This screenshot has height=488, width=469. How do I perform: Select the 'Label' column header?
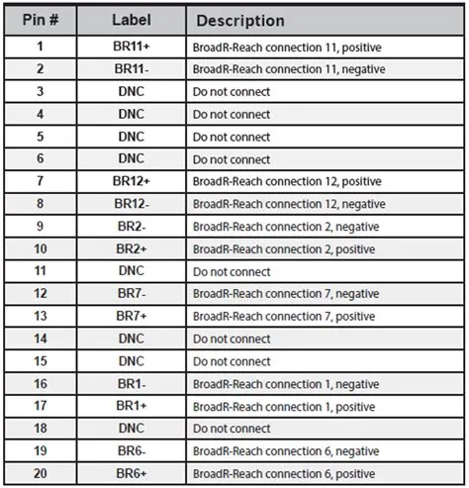pyautogui.click(x=131, y=20)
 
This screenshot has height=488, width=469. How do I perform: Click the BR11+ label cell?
pyautogui.click(x=131, y=47)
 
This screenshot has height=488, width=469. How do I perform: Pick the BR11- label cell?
pyautogui.click(x=131, y=69)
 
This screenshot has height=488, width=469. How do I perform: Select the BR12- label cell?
pyautogui.click(x=131, y=204)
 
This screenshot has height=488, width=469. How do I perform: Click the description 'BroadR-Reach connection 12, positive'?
pyautogui.click(x=287, y=181)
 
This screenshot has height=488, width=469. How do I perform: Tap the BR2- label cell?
pyautogui.click(x=131, y=227)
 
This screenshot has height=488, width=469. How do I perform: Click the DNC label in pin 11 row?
pyautogui.click(x=131, y=271)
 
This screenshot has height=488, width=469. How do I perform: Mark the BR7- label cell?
pyautogui.click(x=131, y=294)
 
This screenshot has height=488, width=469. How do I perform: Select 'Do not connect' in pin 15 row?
pyautogui.click(x=232, y=361)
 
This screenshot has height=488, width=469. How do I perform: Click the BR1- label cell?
pyautogui.click(x=131, y=384)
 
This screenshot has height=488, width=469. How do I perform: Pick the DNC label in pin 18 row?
pyautogui.click(x=131, y=429)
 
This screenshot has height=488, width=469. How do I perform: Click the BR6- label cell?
pyautogui.click(x=131, y=451)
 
